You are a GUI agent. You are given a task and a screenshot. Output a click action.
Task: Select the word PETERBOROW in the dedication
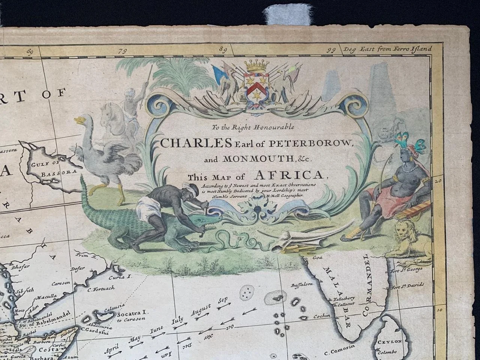coord(291,143)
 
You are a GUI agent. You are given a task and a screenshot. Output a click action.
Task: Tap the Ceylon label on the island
coord(391,342)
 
